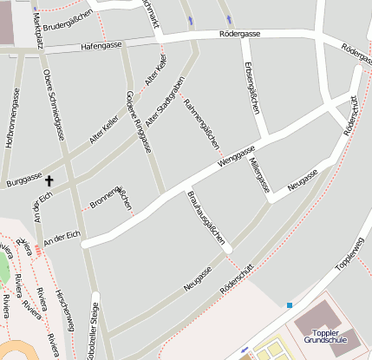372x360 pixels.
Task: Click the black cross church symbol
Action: [x=49, y=181]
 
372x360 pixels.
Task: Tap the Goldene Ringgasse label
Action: [x=138, y=121]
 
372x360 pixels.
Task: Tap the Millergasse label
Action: [x=259, y=173]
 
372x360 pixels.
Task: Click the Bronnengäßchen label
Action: [x=111, y=197]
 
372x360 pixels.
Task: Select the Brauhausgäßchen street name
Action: [x=206, y=217]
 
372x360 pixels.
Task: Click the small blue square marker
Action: [x=290, y=304]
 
